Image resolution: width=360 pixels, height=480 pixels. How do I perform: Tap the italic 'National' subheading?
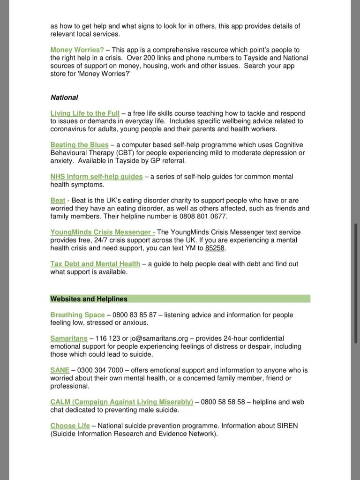click(x=64, y=97)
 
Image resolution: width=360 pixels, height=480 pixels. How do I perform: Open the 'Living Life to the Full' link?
click(x=85, y=113)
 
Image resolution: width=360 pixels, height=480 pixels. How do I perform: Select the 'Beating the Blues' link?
click(x=79, y=145)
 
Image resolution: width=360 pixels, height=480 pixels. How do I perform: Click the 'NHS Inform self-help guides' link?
click(x=96, y=177)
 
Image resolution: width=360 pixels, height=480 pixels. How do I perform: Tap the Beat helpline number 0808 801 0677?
click(x=204, y=217)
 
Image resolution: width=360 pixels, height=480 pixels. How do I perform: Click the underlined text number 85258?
click(x=215, y=248)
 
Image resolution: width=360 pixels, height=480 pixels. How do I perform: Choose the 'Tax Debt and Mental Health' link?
click(x=95, y=264)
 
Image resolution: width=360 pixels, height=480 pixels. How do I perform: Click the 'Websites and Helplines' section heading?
click(x=89, y=299)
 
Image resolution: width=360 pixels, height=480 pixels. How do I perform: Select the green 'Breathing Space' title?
click(x=77, y=315)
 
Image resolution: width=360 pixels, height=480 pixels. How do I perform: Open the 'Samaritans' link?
click(x=69, y=338)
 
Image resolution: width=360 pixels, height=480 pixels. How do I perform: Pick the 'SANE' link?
click(x=60, y=370)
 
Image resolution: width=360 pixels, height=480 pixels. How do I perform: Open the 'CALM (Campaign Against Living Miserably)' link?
click(x=121, y=402)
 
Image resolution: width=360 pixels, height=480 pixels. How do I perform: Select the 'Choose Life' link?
click(x=70, y=426)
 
